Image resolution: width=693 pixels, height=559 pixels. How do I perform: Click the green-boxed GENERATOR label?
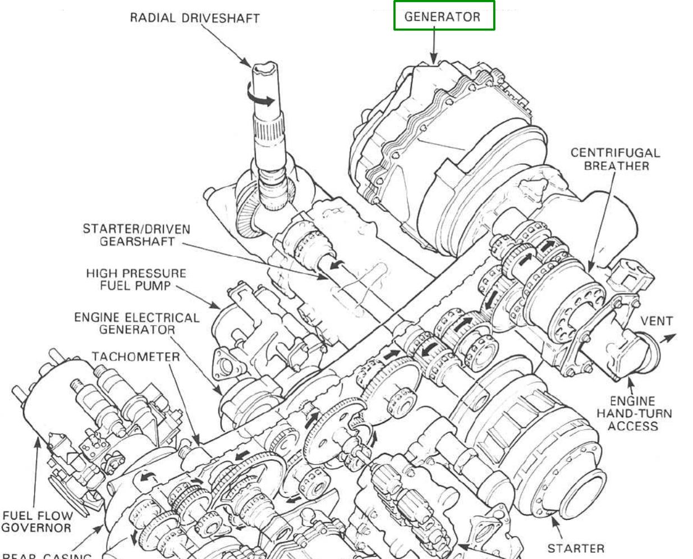point(443,16)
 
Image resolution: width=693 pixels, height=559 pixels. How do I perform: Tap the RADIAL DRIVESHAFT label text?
point(195,17)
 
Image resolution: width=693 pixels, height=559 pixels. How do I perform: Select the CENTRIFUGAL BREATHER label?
point(616,159)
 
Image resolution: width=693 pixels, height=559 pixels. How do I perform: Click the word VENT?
point(657,321)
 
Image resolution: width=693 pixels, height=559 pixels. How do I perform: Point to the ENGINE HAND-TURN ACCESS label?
point(634,413)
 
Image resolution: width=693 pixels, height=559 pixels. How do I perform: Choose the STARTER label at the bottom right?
point(576,548)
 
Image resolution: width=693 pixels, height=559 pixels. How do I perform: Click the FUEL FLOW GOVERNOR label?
point(37,521)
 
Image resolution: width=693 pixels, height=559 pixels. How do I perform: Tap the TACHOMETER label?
point(136,357)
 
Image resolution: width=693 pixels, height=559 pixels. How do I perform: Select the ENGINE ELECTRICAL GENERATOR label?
point(137,324)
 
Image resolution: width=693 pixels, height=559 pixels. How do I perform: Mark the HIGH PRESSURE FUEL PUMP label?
point(136,279)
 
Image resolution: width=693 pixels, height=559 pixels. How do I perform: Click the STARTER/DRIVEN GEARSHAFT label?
point(136,235)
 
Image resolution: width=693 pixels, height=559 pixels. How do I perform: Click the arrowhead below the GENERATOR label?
point(433,59)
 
